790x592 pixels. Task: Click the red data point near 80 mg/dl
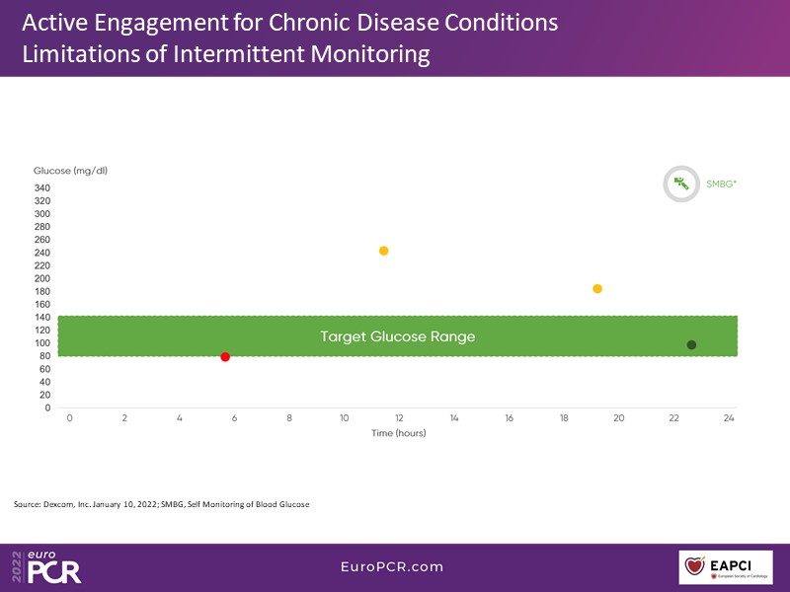(225, 356)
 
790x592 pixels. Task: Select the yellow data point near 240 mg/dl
(383, 251)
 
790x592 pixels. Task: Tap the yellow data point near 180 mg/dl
(597, 289)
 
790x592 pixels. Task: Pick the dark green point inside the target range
(691, 344)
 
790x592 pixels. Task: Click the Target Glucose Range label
(397, 336)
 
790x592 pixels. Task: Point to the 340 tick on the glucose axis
(41, 187)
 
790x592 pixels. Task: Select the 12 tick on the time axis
(399, 418)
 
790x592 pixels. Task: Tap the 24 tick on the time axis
(729, 418)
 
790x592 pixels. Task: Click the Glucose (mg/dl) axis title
(70, 171)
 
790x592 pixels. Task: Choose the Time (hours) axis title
(398, 433)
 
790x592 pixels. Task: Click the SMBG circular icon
(680, 184)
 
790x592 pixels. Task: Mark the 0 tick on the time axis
(69, 418)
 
